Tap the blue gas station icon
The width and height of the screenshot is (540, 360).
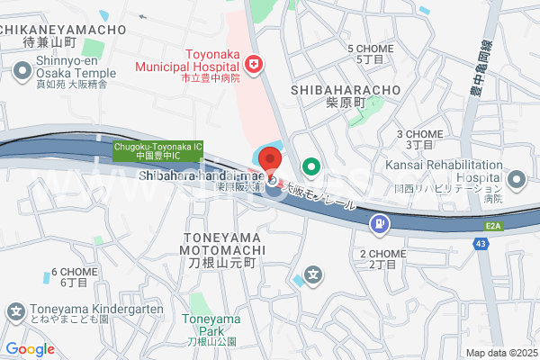(x=382, y=222)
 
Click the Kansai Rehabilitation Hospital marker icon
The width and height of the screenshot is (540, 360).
(x=517, y=181)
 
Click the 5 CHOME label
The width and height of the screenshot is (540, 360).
(x=369, y=53)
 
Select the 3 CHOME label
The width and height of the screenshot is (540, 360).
(x=419, y=139)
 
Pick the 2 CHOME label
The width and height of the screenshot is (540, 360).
(x=382, y=259)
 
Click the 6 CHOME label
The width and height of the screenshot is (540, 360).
(x=74, y=276)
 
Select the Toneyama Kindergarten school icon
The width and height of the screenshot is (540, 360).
(x=14, y=312)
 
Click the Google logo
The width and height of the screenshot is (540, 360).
(x=30, y=349)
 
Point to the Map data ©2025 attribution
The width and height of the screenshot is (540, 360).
(x=501, y=353)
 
